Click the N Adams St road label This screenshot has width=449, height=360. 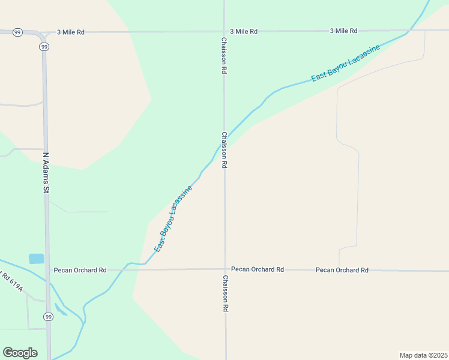(45, 172)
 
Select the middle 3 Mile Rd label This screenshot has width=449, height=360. (244, 31)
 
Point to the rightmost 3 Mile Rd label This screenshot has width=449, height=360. (343, 31)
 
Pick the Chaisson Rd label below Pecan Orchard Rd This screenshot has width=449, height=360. (226, 293)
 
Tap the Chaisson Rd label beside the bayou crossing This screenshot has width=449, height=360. (224, 150)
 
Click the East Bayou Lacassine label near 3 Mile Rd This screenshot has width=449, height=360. (345, 64)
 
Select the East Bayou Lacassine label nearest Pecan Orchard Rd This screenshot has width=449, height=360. (173, 218)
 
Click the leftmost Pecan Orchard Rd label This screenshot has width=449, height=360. (80, 270)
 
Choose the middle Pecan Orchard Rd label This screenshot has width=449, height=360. (257, 269)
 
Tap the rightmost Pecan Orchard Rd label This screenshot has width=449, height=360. (342, 270)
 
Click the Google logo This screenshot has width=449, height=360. (20, 353)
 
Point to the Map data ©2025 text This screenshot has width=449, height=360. (423, 355)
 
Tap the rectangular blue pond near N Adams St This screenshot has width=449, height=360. (37, 259)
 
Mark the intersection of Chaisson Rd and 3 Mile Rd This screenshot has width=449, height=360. (224, 31)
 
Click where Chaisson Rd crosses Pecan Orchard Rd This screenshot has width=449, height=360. (225, 269)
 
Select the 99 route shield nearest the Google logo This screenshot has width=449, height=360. (47, 316)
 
